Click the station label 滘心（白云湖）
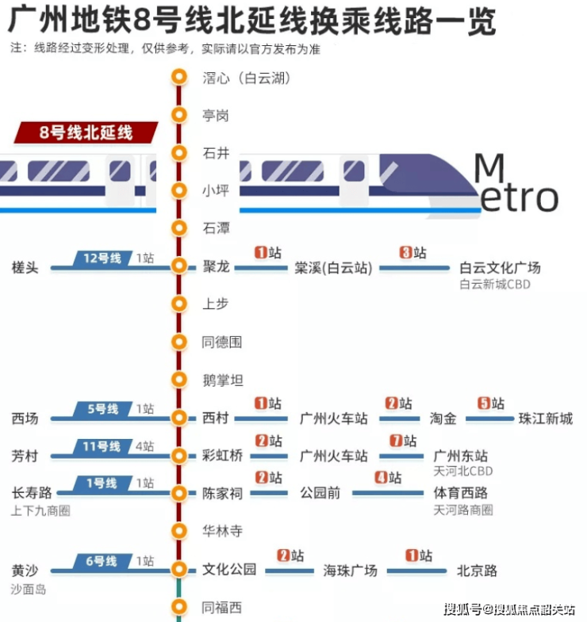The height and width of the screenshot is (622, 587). tap(247, 78)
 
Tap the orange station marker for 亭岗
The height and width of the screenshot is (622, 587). tap(180, 116)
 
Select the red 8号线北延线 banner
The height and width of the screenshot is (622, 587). tap(86, 132)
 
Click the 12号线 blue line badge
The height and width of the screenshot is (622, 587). tap(102, 258)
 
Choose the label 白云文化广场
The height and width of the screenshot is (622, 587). tap(500, 267)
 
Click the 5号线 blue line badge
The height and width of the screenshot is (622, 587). tap(102, 409)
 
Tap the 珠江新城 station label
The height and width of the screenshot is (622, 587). tap(545, 418)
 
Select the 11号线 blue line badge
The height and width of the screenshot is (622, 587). tap(102, 446)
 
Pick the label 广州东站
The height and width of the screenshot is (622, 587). tap(461, 456)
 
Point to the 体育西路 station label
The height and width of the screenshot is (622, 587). tap(461, 493)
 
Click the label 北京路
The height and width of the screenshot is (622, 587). tap(477, 570)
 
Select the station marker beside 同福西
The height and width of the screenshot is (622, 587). tap(180, 607)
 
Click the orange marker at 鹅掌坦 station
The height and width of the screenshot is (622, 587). tap(180, 380)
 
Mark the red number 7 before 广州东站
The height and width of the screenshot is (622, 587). tap(395, 441)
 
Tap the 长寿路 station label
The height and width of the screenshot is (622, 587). tap(32, 493)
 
